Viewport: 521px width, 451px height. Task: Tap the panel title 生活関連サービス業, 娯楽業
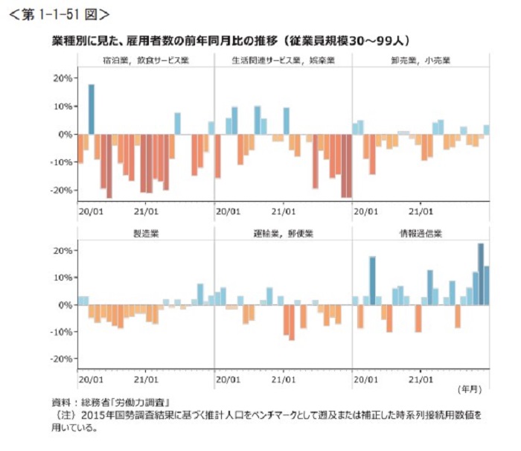(282, 59)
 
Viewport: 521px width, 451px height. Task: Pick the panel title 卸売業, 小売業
(420, 59)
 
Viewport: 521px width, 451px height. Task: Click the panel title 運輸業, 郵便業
(282, 233)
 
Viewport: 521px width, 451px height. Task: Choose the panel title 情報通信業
(420, 233)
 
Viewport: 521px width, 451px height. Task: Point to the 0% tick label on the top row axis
(65, 134)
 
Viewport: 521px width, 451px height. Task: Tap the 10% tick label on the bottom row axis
(63, 277)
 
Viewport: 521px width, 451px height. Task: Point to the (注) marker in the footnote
(59, 414)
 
